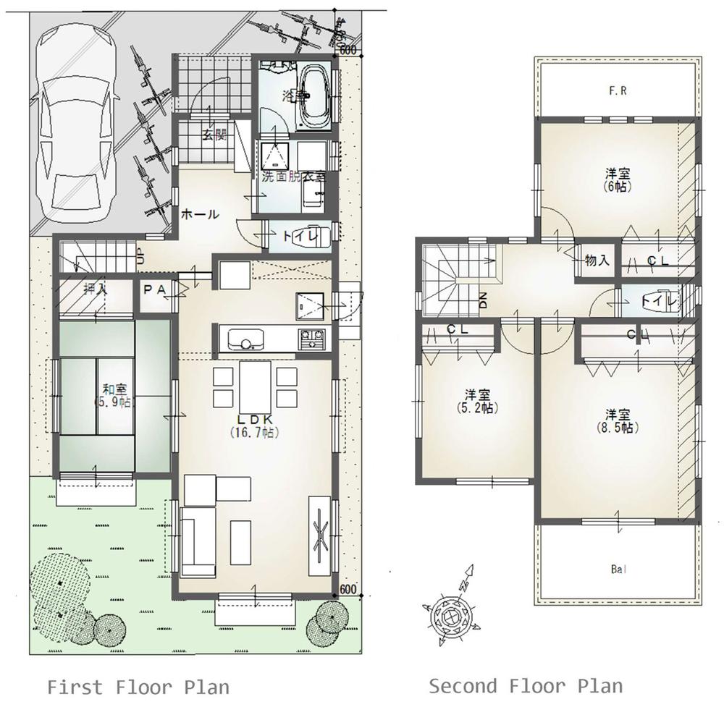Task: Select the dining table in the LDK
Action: click(x=255, y=386)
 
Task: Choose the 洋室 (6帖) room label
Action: click(x=617, y=179)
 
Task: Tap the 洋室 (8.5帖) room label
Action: click(x=617, y=420)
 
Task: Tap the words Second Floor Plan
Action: click(x=525, y=685)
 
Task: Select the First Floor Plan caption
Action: click(x=138, y=686)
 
